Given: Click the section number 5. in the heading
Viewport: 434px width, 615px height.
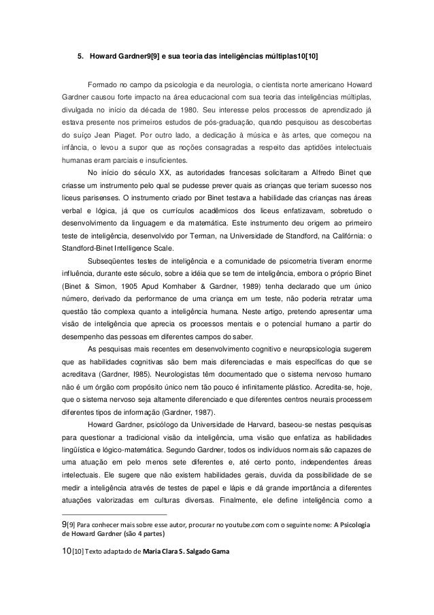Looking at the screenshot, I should pyautogui.click(x=79, y=56).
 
